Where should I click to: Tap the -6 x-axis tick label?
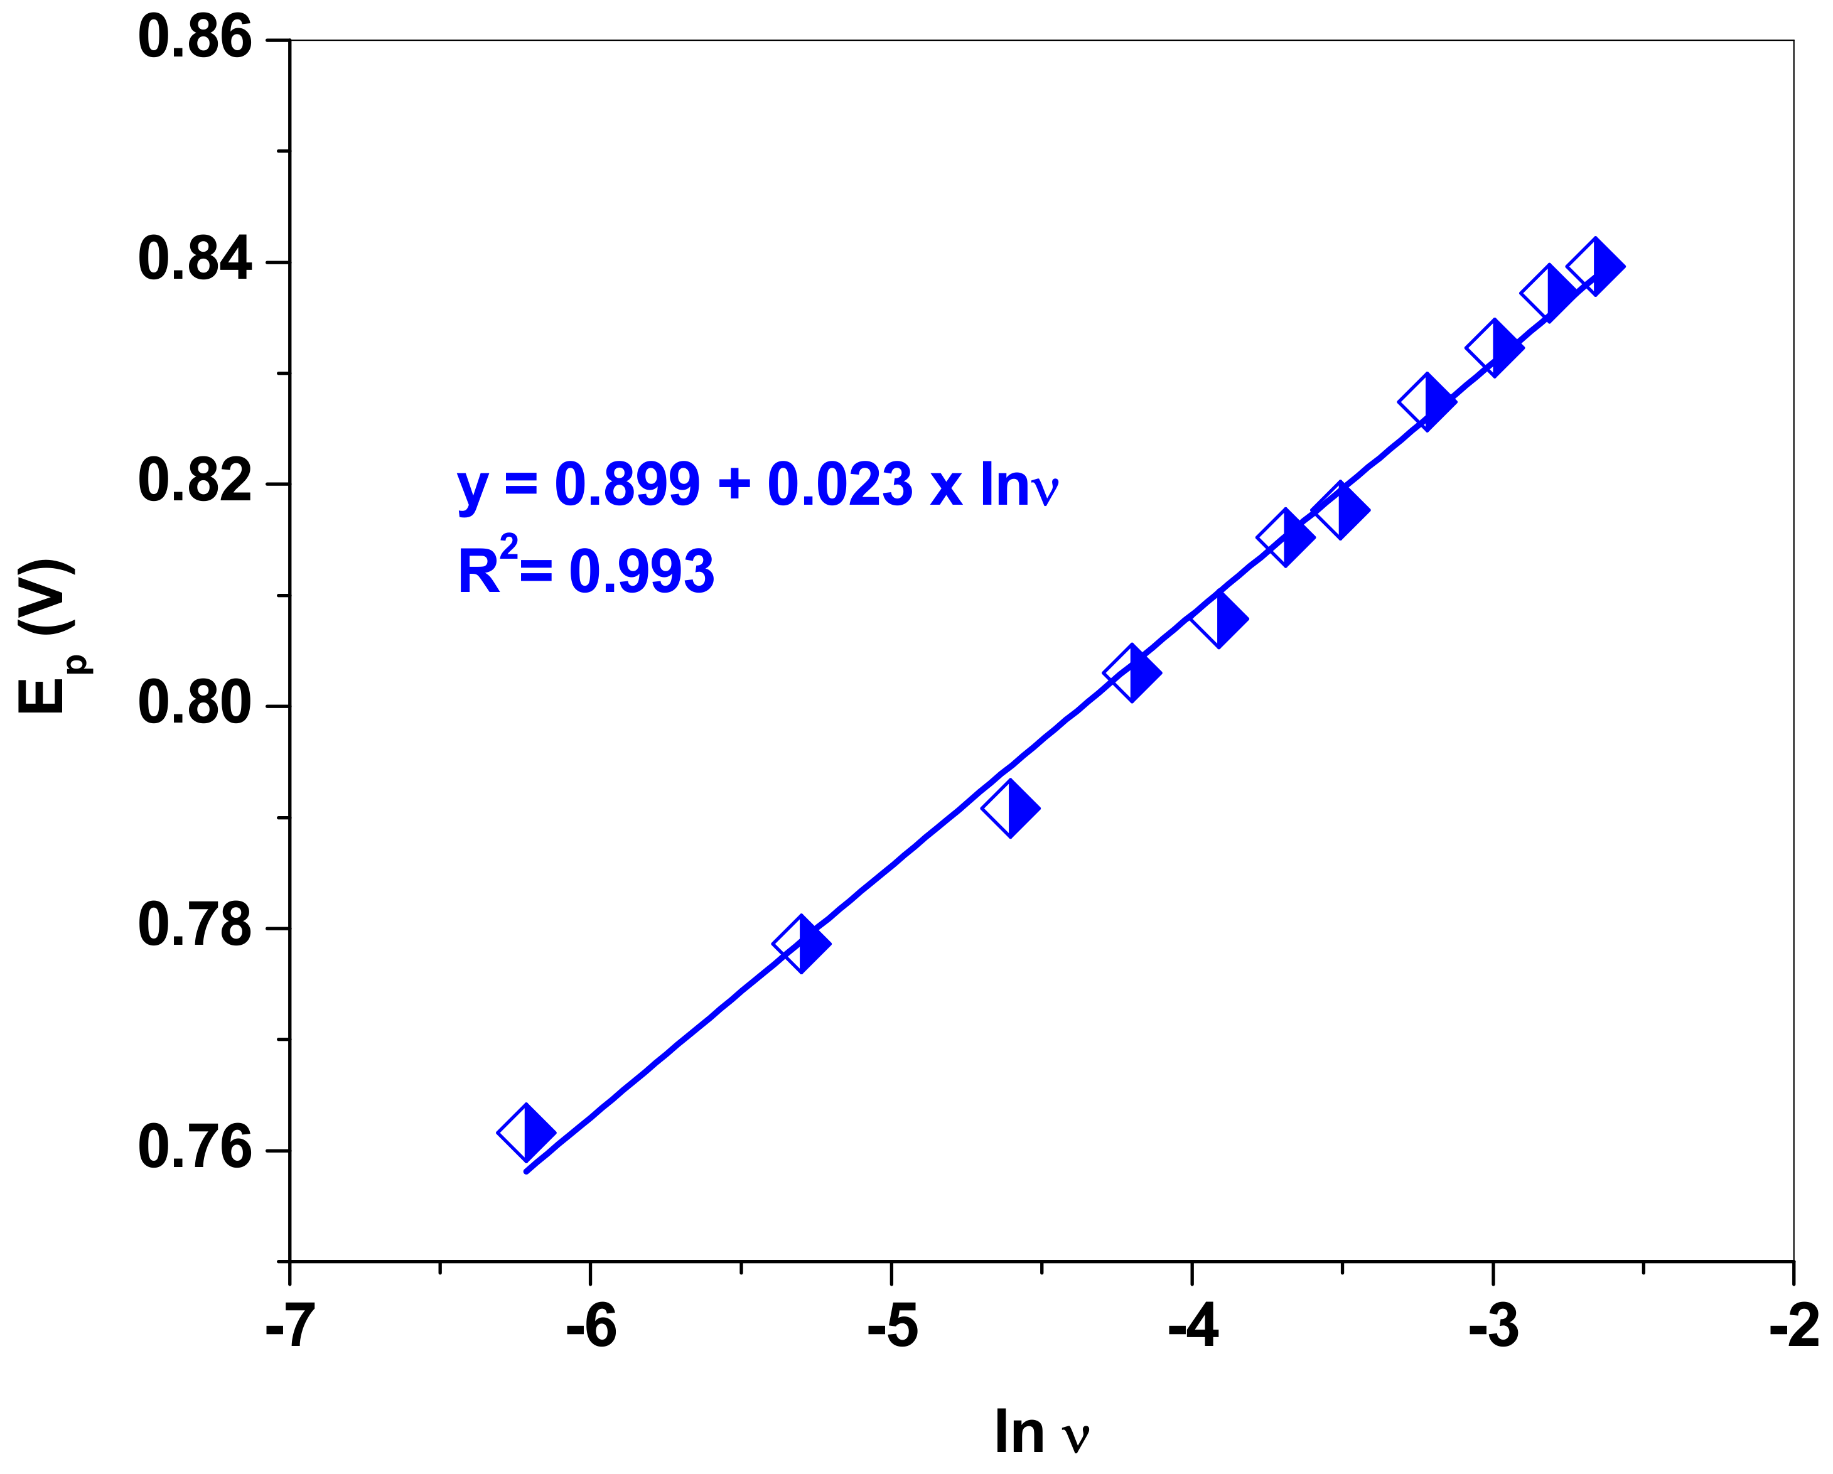(590, 1328)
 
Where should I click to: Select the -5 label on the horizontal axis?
(892, 1328)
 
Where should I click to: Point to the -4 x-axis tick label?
(1192, 1328)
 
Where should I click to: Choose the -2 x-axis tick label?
(1794, 1328)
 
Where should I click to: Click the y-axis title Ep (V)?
(46, 636)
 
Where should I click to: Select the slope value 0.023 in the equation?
(839, 485)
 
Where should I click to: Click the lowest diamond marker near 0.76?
(526, 1132)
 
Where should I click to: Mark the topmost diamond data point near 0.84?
(1595, 267)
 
